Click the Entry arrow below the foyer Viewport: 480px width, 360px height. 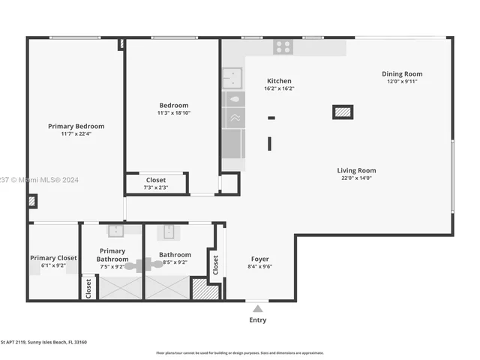[x=257, y=308]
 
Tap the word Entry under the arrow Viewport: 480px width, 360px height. [x=257, y=320]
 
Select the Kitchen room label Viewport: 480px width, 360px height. [x=279, y=81]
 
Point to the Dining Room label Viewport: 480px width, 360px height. [x=402, y=73]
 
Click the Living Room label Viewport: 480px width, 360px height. [x=356, y=170]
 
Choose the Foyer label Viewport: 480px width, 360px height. [x=259, y=259]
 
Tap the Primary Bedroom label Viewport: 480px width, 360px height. [x=76, y=126]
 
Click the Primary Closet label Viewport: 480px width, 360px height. [x=53, y=258]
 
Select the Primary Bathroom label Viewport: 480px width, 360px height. [x=112, y=255]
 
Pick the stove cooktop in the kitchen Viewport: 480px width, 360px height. [x=283, y=47]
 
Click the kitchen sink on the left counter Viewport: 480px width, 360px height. [x=232, y=76]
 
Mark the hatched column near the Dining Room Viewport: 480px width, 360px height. [x=343, y=112]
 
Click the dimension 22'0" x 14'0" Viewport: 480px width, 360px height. [x=356, y=178]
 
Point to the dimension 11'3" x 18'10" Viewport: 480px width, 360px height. [x=173, y=112]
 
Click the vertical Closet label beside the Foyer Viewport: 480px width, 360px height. [x=216, y=264]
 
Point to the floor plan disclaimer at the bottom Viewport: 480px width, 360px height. [x=239, y=352]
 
